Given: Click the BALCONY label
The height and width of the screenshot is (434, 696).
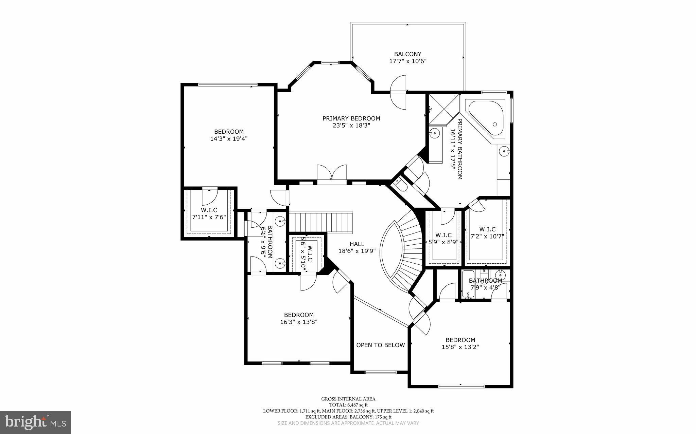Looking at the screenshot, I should (407, 54).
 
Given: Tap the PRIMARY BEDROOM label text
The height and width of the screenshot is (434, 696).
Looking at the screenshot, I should (351, 118).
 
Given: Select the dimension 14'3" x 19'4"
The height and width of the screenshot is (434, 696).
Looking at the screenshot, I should (229, 139).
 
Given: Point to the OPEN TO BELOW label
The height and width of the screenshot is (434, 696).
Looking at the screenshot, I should (380, 345).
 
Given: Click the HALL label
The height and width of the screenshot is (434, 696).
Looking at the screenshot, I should (357, 244).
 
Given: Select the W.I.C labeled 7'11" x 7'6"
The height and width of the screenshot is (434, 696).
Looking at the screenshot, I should (209, 214).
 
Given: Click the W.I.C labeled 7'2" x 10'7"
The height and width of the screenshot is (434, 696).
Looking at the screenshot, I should (487, 233).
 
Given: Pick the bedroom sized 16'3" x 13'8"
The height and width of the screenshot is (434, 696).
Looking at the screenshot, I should (299, 318).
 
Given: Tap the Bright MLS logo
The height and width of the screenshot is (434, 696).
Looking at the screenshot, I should (35, 422).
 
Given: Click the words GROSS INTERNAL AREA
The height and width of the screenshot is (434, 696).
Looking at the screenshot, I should (348, 399).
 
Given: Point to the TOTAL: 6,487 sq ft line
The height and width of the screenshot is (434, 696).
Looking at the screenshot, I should (348, 405).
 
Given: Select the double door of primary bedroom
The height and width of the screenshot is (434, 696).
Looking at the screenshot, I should (332, 173).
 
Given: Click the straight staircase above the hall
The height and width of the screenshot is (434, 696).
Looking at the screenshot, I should (320, 222).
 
